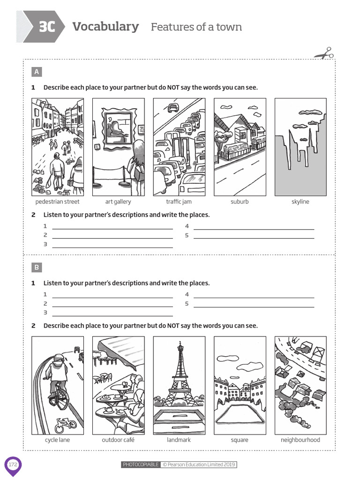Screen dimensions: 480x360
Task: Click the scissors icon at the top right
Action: [x=324, y=53]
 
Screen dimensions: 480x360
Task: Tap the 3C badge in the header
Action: [x=45, y=27]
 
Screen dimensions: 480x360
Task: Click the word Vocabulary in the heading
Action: [x=105, y=27]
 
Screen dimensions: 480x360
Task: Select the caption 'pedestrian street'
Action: [x=57, y=202]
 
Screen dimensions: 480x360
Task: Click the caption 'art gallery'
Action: [x=118, y=202]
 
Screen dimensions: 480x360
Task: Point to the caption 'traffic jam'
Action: [x=179, y=202]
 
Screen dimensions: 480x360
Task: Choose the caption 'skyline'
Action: [x=300, y=202]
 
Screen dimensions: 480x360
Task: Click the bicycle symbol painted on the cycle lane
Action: [x=65, y=425]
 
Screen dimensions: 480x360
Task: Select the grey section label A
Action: [x=37, y=72]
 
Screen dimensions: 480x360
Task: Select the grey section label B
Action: [x=37, y=268]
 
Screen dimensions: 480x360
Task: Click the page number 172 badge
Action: [x=13, y=465]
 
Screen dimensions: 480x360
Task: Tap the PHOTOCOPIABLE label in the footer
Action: [x=141, y=465]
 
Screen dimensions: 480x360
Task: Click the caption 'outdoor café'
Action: [x=118, y=440]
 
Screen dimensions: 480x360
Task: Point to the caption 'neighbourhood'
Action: [x=300, y=440]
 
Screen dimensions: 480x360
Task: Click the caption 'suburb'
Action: [x=240, y=202]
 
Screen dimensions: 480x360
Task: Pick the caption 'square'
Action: [x=240, y=440]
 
